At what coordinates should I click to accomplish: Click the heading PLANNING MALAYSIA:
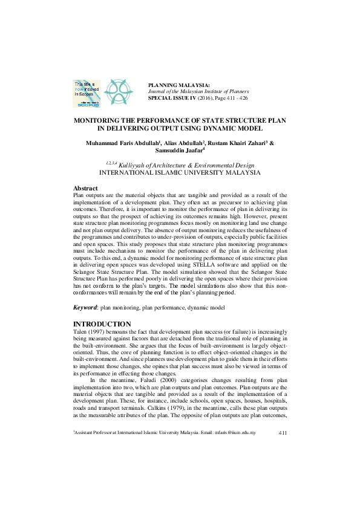coord(179,85)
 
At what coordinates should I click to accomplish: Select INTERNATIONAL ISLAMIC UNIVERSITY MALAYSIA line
coord(180,172)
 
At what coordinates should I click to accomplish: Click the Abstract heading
coord(86,188)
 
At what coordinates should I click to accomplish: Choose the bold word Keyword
coord(85,308)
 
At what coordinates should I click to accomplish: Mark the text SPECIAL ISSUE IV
coord(171,97)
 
